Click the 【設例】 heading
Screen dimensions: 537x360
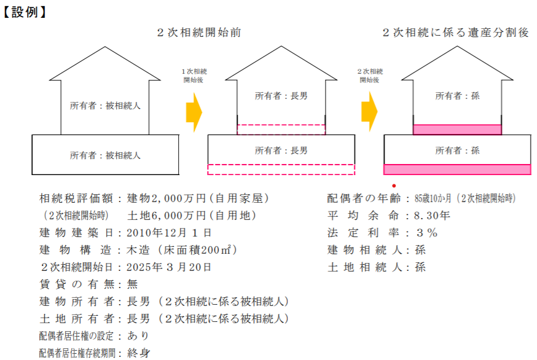pos(24,12)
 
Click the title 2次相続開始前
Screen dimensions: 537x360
pos(199,33)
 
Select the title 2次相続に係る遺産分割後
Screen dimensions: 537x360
pos(456,33)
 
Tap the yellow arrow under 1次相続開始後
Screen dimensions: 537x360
pos(194,112)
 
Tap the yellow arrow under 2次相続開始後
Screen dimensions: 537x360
pos(369,112)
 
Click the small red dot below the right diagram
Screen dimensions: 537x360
pos(394,186)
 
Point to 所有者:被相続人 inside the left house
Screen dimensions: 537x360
pos(105,106)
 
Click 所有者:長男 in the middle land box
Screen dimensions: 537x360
pos(281,151)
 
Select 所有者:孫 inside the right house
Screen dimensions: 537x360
pos(457,96)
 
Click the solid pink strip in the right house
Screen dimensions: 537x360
pos(457,130)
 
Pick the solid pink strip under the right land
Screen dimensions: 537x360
pos(457,170)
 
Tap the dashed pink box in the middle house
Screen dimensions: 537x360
pos(281,130)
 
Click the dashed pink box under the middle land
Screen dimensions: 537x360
pos(281,170)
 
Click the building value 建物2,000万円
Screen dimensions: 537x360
pos(167,198)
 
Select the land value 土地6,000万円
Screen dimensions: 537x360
pos(167,216)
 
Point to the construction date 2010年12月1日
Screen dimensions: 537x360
pos(169,233)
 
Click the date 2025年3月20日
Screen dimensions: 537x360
pos(169,267)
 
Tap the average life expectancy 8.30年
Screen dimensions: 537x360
pos(432,216)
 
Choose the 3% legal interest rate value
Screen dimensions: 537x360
pos(427,233)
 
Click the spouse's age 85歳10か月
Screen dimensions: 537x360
pos(433,198)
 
